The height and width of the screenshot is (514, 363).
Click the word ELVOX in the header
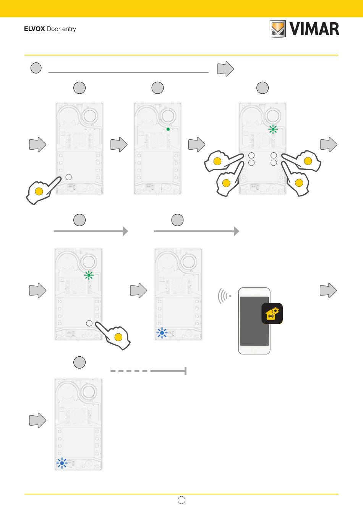point(34,29)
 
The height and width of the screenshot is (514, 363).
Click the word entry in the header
point(69,29)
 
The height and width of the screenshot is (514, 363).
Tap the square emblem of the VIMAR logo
point(277,29)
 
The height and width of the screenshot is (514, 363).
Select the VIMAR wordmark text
point(314,29)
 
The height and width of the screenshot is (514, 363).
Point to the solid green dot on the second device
point(168,129)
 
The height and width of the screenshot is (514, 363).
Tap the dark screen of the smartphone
point(254,321)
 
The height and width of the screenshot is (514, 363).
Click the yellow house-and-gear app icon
point(272,313)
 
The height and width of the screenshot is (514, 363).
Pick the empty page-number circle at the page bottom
point(181,500)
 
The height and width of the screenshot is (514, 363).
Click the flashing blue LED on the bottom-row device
point(62,463)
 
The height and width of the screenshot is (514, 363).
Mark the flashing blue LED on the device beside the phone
point(162,333)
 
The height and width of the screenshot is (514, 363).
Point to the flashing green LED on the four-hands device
point(273,129)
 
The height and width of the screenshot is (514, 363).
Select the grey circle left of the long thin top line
point(36,68)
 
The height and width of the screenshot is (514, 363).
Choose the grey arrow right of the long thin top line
point(225,69)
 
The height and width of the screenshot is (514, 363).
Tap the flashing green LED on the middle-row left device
point(89,275)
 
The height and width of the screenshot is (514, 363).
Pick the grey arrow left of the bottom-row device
point(38,420)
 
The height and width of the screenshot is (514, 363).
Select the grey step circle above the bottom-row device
point(79,362)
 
